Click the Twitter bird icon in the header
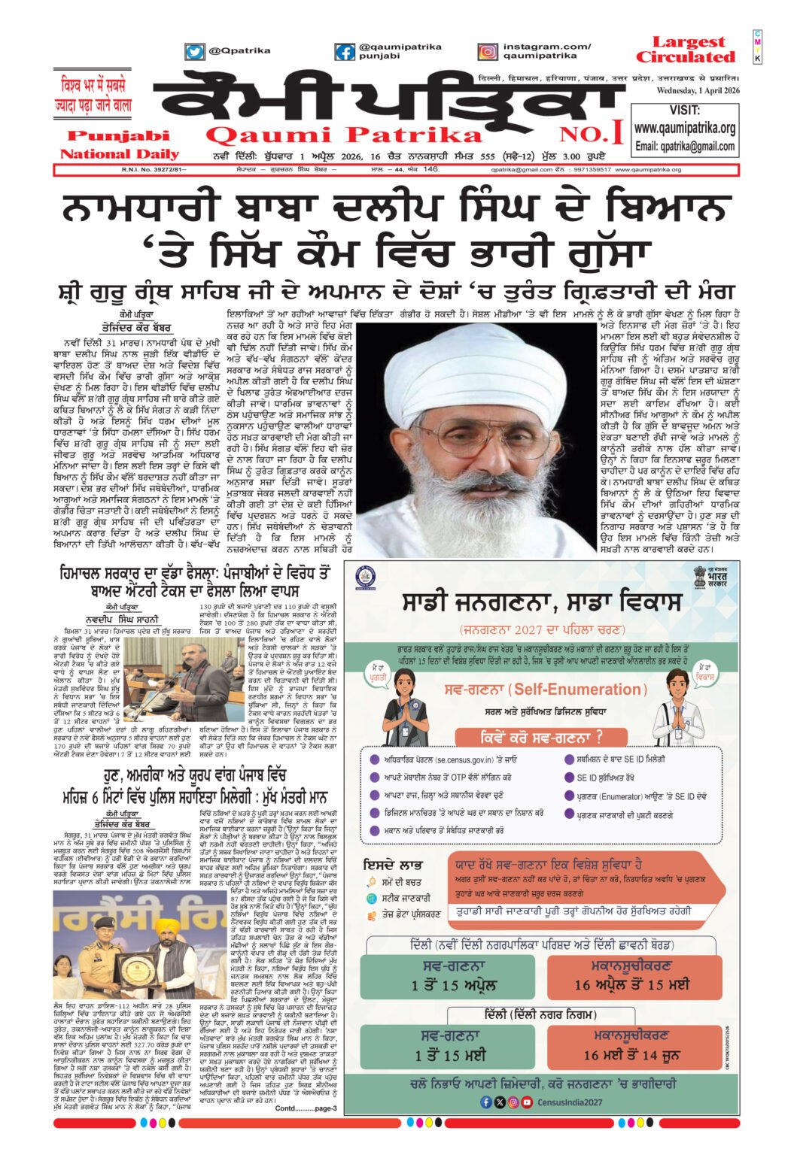click(195, 52)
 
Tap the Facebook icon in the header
click(345, 52)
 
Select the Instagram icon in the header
click(487, 52)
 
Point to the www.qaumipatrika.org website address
click(684, 128)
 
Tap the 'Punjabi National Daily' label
click(119, 145)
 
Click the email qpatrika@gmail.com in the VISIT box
click(684, 146)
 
